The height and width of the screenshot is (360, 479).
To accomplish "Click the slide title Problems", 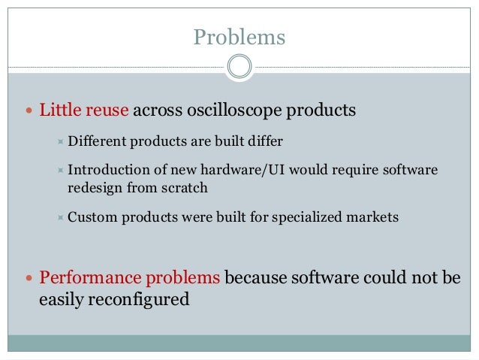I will tap(239, 36).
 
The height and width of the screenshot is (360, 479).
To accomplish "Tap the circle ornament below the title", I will tap(239, 67).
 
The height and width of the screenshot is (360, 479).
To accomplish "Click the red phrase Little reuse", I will tap(85, 111).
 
